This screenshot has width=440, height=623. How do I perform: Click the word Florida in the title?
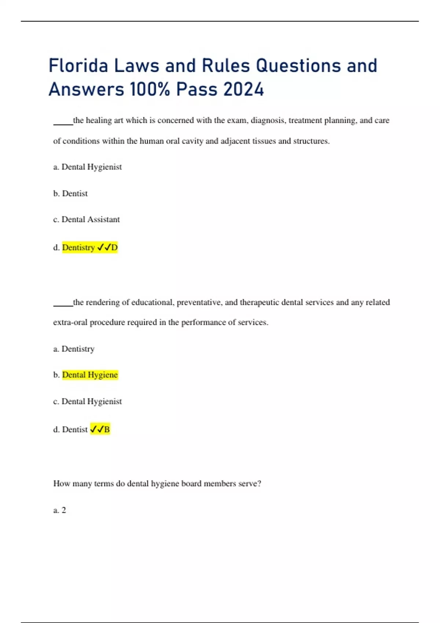click(78, 66)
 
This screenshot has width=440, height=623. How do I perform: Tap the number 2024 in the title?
click(243, 89)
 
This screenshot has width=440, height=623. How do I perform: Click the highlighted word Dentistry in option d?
click(78, 248)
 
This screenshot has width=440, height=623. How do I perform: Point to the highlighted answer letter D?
click(114, 248)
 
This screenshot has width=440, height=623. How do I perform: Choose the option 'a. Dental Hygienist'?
click(87, 167)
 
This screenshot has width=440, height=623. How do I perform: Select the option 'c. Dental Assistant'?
click(87, 220)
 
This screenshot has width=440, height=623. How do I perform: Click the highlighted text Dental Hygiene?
click(90, 375)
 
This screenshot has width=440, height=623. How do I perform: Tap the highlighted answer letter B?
click(107, 430)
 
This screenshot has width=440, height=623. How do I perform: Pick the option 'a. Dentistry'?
click(74, 349)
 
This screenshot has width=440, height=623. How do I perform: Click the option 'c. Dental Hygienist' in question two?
click(87, 402)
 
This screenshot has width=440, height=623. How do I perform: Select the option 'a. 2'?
click(60, 510)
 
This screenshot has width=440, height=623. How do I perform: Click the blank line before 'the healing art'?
click(63, 124)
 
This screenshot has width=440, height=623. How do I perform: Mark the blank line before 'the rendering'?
click(63, 305)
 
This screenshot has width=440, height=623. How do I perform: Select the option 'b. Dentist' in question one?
click(70, 193)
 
